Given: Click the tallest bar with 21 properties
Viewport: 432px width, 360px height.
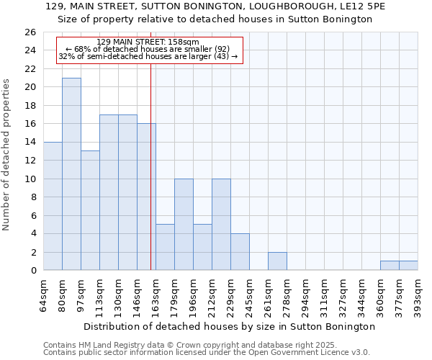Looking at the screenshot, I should point(71,174).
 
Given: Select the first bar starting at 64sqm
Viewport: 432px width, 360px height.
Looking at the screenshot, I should point(53,206).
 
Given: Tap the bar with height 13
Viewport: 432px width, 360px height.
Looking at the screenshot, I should point(90,210).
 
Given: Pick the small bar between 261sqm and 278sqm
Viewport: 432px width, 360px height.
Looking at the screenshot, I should point(277,261).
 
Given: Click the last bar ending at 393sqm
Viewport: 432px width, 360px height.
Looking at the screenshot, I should point(408,266).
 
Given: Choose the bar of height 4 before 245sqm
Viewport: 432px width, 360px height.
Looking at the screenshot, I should point(240,252).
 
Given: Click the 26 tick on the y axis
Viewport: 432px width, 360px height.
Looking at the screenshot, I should point(30,32).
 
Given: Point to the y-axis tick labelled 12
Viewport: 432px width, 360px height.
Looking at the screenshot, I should point(30,161).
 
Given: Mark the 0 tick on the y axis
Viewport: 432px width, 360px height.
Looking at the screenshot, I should point(32,271).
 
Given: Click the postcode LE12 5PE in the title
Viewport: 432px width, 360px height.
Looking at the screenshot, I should point(365,6).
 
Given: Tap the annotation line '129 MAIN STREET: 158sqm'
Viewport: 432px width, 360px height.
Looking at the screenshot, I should point(148,42).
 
